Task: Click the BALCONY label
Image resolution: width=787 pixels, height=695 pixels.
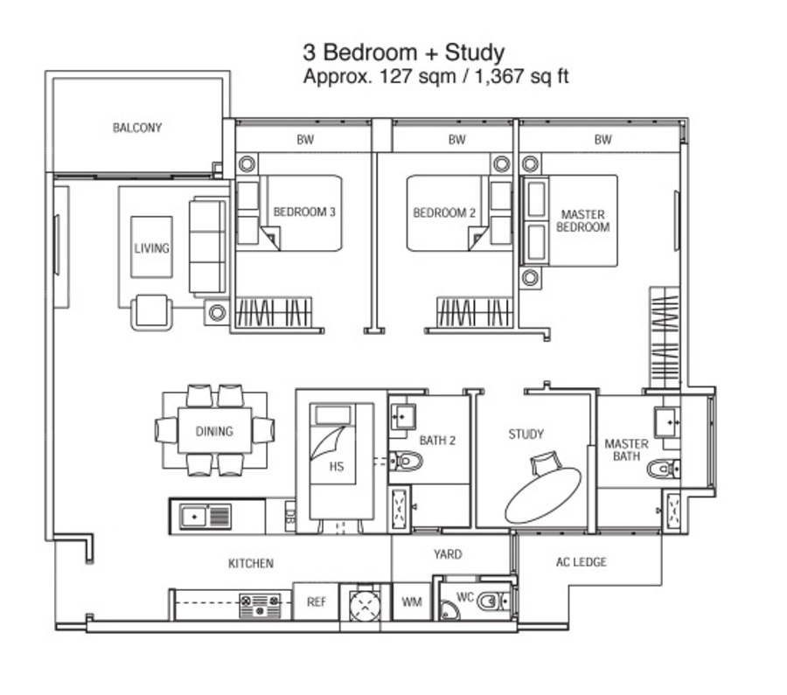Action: (x=137, y=128)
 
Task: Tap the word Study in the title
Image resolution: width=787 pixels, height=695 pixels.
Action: (x=474, y=53)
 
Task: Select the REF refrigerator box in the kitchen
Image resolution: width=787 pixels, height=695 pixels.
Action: (x=317, y=601)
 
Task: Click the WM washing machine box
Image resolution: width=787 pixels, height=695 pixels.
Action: (x=412, y=601)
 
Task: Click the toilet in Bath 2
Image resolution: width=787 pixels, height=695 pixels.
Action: (x=406, y=460)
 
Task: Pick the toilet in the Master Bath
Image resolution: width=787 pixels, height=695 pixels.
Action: (x=664, y=469)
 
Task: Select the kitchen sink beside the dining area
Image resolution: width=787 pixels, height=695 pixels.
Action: (x=205, y=516)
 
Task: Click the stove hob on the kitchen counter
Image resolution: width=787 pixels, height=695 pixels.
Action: (x=260, y=606)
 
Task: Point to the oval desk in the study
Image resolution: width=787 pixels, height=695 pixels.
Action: (x=543, y=496)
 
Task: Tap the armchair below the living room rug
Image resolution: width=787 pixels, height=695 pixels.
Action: (x=151, y=312)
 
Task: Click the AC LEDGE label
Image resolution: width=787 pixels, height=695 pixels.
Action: (x=582, y=562)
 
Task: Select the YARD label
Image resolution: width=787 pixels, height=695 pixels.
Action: (x=448, y=554)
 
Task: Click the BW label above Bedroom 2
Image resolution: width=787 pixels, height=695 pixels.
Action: (x=456, y=140)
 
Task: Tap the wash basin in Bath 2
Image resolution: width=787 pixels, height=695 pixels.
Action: (x=402, y=416)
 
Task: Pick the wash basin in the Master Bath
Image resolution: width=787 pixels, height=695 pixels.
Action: (x=667, y=422)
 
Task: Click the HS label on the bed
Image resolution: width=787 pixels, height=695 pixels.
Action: (x=337, y=467)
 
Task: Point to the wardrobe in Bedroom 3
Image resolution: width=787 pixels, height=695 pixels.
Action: (x=274, y=312)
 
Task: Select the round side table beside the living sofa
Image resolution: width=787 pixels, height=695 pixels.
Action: (x=218, y=313)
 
